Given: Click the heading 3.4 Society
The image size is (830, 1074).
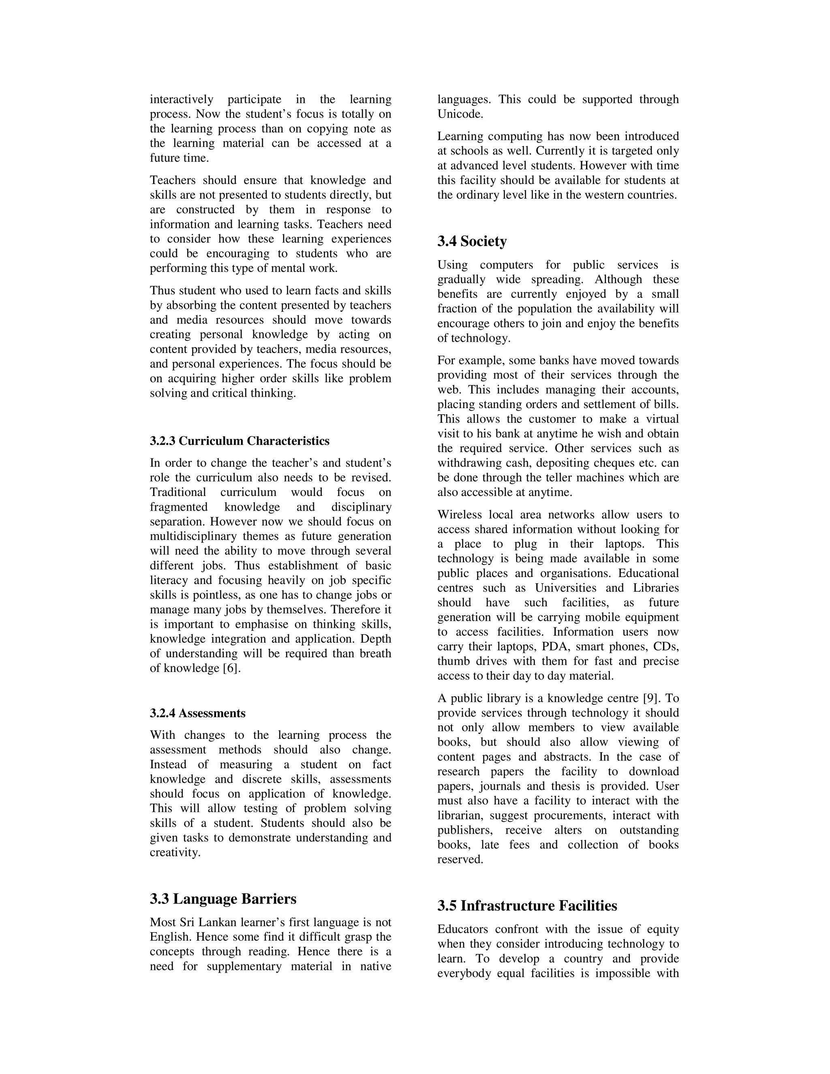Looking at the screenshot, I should [x=472, y=242].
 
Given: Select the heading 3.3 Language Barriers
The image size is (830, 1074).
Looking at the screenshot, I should [x=223, y=899].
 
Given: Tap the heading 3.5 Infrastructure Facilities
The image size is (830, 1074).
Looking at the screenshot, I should [x=527, y=905].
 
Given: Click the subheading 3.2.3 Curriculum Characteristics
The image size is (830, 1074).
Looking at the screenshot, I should [x=240, y=441].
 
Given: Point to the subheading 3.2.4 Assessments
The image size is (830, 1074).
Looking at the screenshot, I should [x=197, y=713].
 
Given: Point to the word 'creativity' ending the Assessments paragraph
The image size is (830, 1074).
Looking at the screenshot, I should [x=175, y=852].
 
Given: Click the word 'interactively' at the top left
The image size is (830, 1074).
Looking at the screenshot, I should [x=182, y=99].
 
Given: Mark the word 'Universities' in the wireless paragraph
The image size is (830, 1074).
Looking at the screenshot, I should [x=565, y=588].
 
